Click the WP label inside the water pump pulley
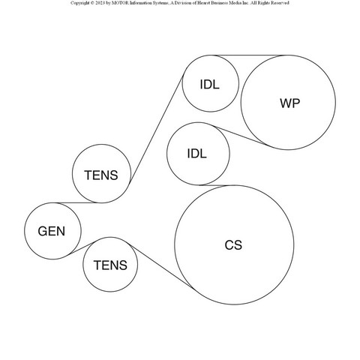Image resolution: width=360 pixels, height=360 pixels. (290, 103)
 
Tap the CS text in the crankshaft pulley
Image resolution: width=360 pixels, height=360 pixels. (233, 245)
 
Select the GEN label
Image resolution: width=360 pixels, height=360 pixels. (52, 231)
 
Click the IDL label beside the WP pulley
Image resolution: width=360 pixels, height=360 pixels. (210, 84)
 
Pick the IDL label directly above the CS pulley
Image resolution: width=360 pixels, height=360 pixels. (197, 153)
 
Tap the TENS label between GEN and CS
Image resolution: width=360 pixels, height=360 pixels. (110, 265)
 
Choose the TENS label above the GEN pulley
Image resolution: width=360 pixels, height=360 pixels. (101, 175)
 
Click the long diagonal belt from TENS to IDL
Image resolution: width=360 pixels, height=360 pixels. (157, 128)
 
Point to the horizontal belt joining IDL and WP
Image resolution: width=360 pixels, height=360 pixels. (249, 55)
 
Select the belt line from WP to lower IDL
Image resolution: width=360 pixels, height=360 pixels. (241, 136)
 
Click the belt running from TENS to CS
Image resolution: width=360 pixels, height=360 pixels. (160, 265)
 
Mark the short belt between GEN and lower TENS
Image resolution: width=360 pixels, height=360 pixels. (81, 248)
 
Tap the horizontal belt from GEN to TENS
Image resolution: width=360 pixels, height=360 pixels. (77, 202)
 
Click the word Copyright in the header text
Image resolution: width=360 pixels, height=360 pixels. (79, 3)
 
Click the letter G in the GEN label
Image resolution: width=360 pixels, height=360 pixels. (42, 231)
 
